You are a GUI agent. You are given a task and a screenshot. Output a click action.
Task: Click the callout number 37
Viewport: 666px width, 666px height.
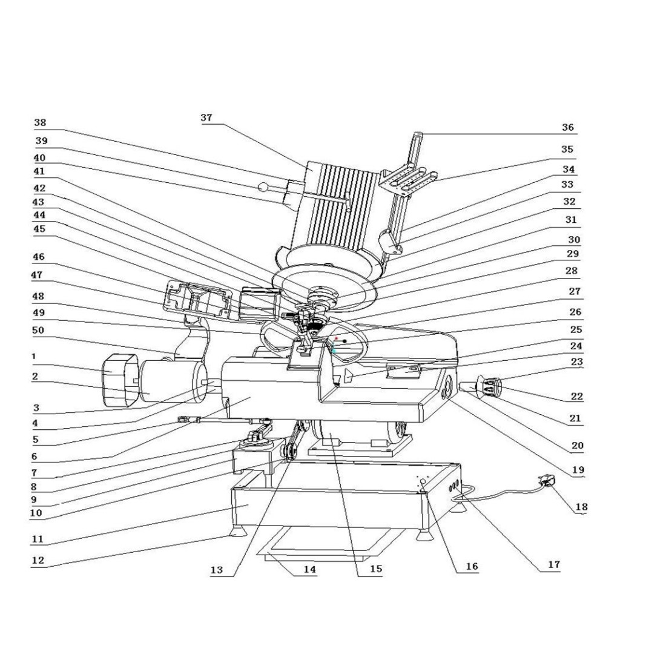(206, 118)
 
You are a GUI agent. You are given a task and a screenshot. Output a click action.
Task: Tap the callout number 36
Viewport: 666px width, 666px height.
(567, 128)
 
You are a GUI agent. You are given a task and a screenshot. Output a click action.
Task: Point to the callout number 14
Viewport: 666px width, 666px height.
(310, 569)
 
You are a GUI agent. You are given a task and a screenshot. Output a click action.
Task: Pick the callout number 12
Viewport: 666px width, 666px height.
(38, 561)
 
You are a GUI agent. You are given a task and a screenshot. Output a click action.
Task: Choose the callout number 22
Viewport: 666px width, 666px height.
(576, 397)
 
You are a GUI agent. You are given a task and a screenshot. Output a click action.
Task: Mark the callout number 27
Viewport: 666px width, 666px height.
(575, 291)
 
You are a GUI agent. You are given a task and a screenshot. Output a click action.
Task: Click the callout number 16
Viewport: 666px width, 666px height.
(472, 567)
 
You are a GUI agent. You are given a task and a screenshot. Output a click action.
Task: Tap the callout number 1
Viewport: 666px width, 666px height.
(35, 357)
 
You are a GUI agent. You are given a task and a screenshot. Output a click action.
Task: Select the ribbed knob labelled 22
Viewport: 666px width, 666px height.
(491, 386)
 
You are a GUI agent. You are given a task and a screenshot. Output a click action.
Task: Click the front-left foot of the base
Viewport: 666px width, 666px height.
(236, 531)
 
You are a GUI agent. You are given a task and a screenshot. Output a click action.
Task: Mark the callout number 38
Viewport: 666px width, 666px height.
(40, 123)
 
